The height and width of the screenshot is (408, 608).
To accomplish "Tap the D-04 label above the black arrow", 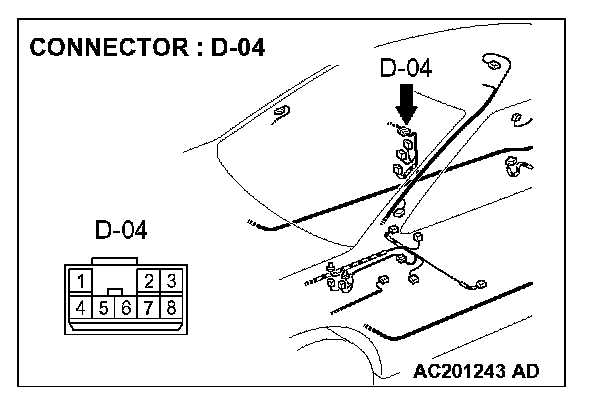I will coord(406,69).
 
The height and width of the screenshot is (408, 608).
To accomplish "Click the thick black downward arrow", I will coord(406,102).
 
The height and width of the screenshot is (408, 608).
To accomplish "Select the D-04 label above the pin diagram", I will coord(121,231).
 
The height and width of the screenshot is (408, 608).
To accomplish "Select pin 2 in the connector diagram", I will coord(149,280).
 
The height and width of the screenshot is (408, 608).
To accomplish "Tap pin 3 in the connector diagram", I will coord(172,280).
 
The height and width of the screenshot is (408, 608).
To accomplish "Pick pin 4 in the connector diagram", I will coord(80,306).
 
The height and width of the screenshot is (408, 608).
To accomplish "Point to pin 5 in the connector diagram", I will coord(103,306).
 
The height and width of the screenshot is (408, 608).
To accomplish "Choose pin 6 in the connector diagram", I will coord(126,306).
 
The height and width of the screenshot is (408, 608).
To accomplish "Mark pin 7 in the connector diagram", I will coord(149,306).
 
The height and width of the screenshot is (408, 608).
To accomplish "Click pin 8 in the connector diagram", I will coord(172,306).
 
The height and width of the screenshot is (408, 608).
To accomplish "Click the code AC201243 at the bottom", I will coord(457,372).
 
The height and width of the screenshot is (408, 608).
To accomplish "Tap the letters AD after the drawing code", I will coord(524,372).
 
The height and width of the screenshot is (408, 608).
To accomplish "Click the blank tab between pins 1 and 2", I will coord(115,277).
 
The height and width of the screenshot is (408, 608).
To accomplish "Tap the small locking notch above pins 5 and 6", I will coord(116,292).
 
